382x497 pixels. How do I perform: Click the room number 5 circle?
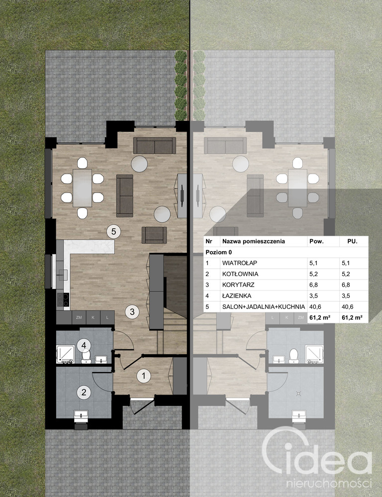[113, 231]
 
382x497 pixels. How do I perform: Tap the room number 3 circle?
[132, 311]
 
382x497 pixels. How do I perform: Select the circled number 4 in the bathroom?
[84, 345]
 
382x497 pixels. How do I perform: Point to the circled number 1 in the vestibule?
[144, 376]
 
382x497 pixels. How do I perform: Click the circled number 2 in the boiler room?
[84, 393]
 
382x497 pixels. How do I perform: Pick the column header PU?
[352, 241]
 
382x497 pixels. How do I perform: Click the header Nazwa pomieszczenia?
[254, 241]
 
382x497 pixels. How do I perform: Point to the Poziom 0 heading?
[219, 252]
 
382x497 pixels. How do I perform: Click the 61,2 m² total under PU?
[352, 317]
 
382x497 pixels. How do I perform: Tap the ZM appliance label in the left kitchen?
[79, 317]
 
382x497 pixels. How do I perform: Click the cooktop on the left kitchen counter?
[63, 299]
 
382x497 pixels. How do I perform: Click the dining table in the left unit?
[83, 188]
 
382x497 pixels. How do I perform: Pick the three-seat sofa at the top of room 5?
[154, 145]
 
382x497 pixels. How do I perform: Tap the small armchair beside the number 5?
[154, 235]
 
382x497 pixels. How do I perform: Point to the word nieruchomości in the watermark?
[329, 484]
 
